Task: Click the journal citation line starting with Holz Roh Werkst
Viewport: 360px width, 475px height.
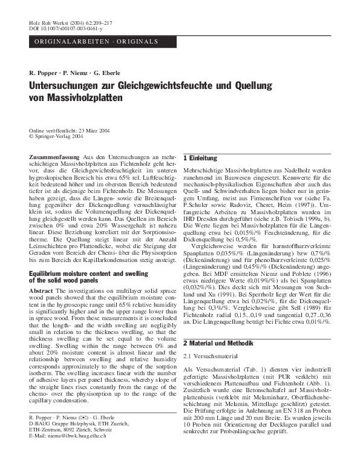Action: coord(61,22)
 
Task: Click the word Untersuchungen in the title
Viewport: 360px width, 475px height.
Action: coord(66,86)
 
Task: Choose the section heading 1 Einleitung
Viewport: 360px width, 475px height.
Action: coord(200,158)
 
